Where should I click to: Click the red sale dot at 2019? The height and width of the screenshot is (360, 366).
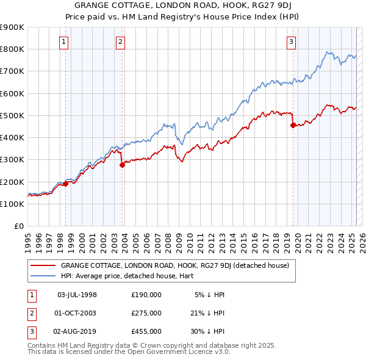click(293, 126)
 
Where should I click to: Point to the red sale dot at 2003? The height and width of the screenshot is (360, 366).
click(122, 164)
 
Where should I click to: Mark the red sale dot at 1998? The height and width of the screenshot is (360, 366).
click(65, 183)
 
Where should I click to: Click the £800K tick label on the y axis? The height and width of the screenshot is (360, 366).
click(12, 49)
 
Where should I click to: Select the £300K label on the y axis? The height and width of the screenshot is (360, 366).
click(12, 160)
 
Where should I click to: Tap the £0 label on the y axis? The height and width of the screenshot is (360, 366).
click(18, 226)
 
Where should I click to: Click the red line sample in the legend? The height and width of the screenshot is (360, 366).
click(44, 265)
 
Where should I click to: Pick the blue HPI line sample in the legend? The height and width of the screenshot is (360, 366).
click(44, 276)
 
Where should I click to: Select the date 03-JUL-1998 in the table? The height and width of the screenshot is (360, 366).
click(77, 294)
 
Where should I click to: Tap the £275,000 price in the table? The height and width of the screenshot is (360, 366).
click(146, 313)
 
